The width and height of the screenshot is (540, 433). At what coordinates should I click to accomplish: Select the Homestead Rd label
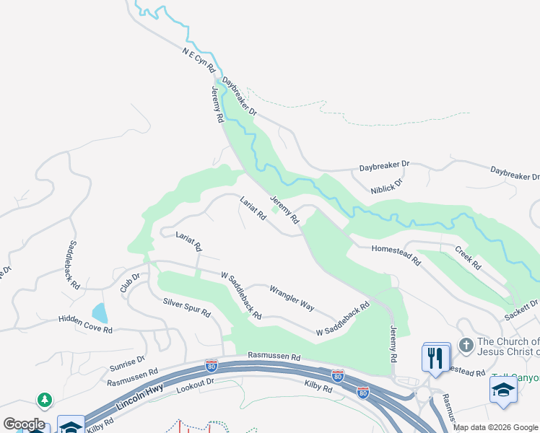point(396,257)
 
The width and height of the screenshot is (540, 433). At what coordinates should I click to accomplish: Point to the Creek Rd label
point(468,258)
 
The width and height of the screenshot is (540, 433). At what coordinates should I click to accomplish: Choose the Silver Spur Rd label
point(186,308)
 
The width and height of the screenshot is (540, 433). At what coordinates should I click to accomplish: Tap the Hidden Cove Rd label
point(86,324)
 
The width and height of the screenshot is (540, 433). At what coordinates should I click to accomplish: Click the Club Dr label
point(129,281)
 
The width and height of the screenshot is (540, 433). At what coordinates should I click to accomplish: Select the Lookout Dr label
point(196,388)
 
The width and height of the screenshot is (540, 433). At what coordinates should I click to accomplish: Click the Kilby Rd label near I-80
point(318,388)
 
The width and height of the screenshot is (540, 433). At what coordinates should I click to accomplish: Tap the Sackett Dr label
point(522,310)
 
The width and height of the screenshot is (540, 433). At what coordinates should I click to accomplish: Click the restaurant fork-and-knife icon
point(436,358)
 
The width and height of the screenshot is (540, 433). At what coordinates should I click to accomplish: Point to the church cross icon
point(466,346)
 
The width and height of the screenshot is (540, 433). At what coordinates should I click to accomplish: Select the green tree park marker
point(45,400)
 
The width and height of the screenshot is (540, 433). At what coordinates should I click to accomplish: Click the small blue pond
point(100,313)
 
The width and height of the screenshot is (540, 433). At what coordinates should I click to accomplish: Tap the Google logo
point(23,424)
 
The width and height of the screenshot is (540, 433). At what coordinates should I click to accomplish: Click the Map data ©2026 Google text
point(495,427)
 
